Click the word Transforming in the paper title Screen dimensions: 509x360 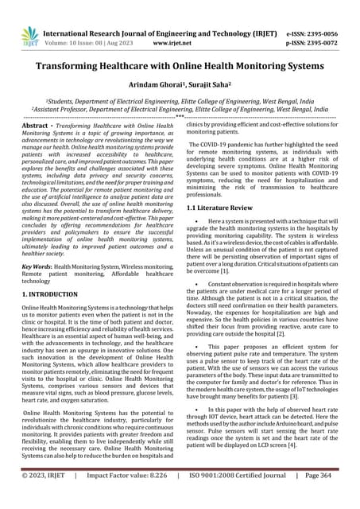(x=65, y=68)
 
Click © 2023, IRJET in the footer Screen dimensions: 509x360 (x=44, y=497)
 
